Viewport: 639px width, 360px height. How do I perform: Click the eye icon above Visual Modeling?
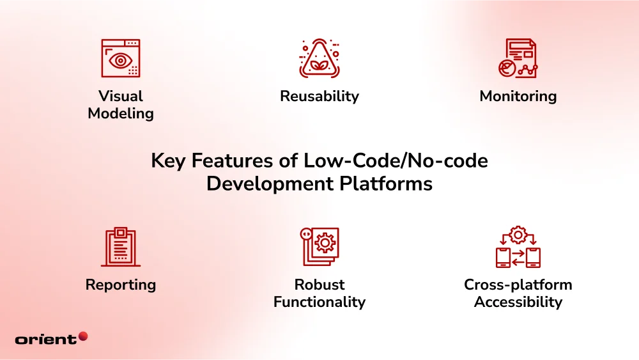(121, 59)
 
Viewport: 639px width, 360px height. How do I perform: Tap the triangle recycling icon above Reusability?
(319, 59)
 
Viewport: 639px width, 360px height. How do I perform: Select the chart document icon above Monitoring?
(518, 59)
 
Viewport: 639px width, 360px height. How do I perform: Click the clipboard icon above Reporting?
(121, 247)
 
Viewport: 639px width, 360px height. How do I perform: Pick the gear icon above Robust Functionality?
(320, 246)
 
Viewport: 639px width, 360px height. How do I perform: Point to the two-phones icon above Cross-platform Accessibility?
(518, 247)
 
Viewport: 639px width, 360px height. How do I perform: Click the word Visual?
(121, 96)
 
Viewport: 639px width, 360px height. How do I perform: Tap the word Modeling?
(121, 114)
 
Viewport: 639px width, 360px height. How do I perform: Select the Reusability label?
(319, 96)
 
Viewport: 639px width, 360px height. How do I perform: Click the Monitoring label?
(518, 96)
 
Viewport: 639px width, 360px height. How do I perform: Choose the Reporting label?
(121, 285)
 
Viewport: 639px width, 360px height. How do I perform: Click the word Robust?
(319, 285)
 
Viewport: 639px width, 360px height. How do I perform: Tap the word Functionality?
(319, 302)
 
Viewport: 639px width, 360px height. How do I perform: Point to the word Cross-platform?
(518, 285)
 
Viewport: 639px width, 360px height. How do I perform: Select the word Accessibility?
(518, 302)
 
